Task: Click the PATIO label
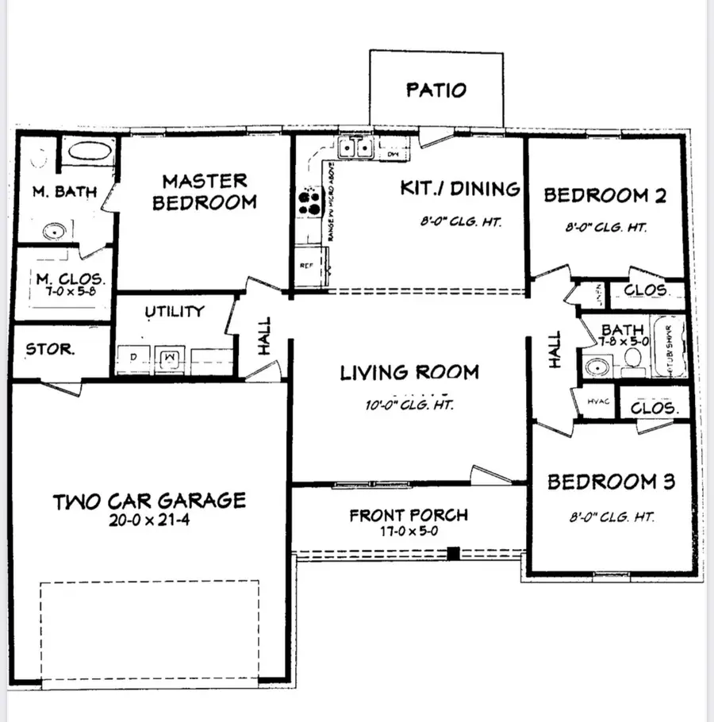tap(436, 89)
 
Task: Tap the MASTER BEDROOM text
tap(205, 192)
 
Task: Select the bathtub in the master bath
tap(87, 151)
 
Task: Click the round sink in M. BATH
tap(54, 232)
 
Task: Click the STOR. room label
tap(51, 349)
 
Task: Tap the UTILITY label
tap(175, 312)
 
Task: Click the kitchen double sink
tap(355, 148)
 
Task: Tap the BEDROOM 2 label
tap(605, 194)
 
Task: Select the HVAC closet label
tap(597, 401)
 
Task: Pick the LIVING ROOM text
tap(409, 371)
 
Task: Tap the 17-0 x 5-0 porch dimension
tap(409, 532)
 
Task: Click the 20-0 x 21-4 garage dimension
tap(149, 521)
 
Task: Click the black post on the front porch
tap(453, 554)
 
